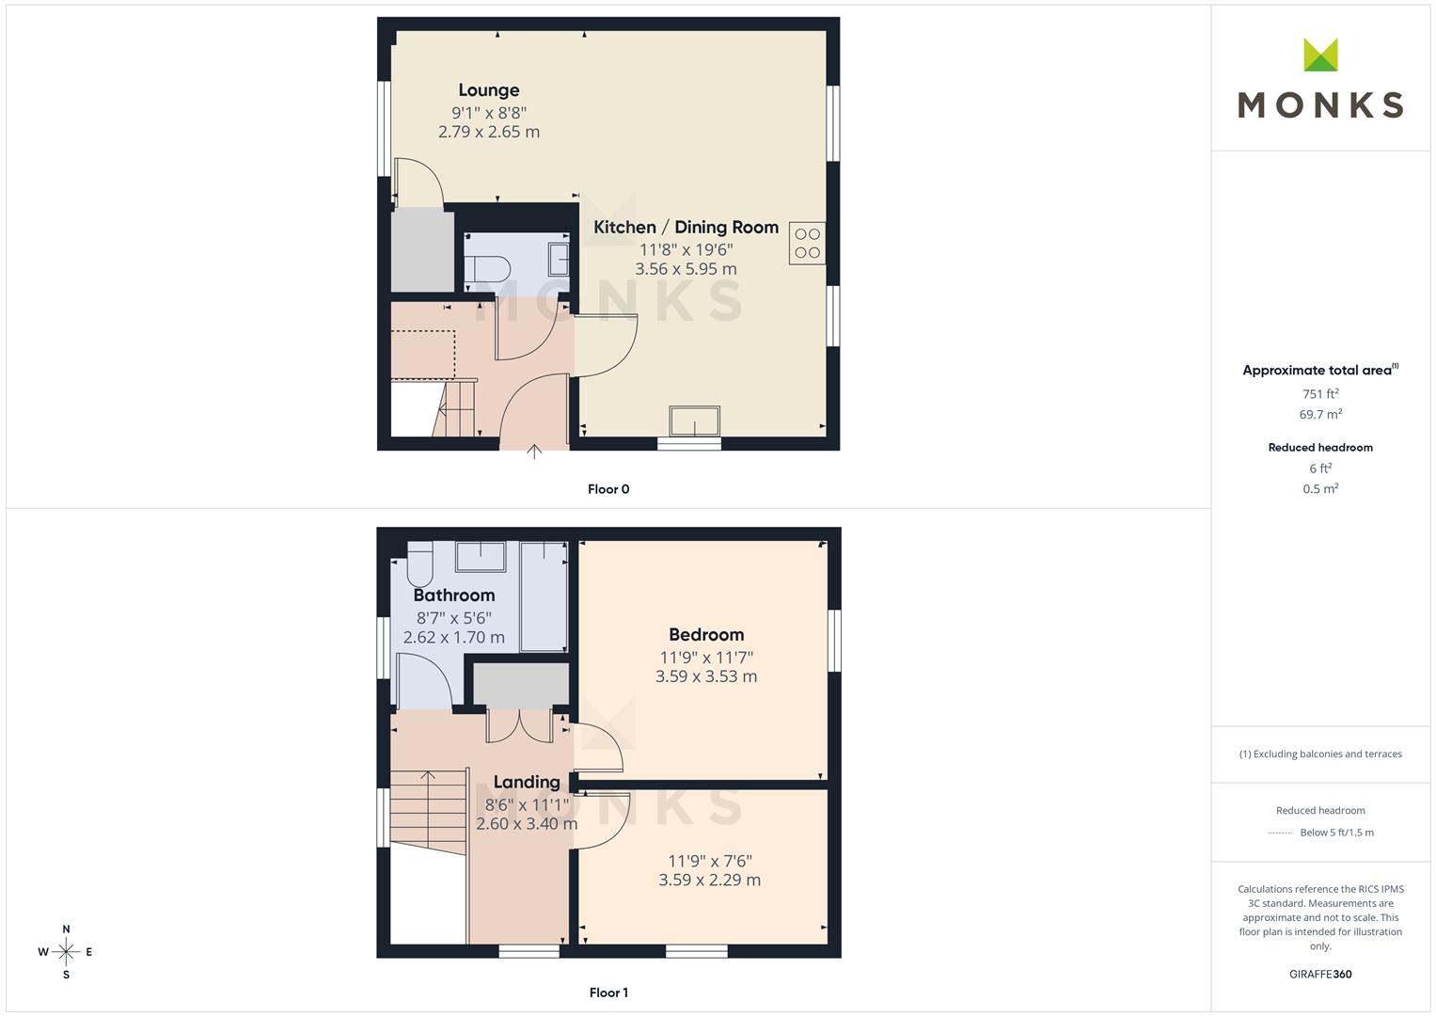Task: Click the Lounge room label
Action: coord(488,90)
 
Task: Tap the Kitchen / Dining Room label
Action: coord(686,227)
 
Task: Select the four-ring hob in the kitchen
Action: coord(807,243)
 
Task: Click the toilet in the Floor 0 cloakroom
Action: coord(488,267)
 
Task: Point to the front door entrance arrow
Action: coord(534,452)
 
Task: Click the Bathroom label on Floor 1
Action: coord(453,595)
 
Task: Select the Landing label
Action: coord(526,782)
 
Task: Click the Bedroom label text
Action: coord(706,634)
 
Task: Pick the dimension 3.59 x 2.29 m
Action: coord(709,881)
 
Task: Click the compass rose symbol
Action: coord(66,952)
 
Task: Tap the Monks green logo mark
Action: coord(1320,56)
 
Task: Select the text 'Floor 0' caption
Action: coord(608,489)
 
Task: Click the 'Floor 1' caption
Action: coord(608,992)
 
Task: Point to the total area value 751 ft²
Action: coord(1320,394)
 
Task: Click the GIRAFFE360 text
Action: coord(1320,974)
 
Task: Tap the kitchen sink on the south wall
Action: coord(694,421)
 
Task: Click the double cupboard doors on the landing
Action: coord(519,723)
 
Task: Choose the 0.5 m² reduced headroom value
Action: coord(1320,489)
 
